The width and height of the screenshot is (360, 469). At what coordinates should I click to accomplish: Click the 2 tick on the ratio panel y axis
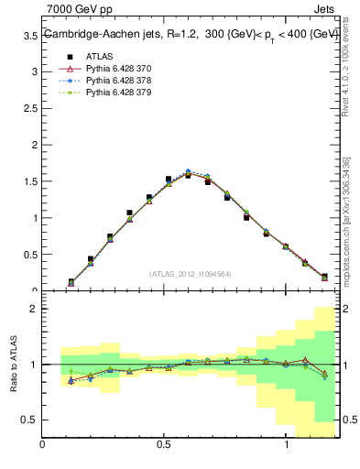(x=34, y=310)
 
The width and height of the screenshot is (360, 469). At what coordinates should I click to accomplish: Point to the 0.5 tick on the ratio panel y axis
(x=30, y=420)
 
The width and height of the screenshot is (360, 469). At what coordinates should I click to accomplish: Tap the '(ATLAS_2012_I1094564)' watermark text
(x=190, y=273)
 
